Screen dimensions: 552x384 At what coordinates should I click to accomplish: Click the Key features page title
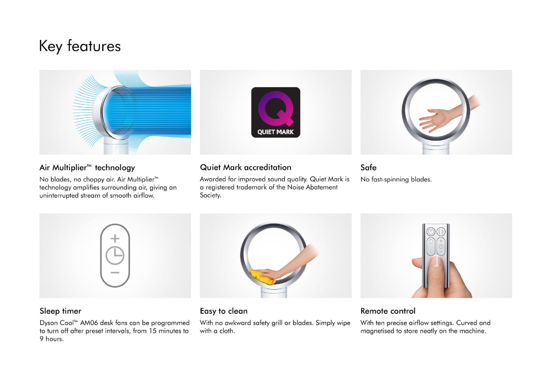pos(80,46)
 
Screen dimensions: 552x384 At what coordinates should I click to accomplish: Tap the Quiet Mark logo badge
pos(276,112)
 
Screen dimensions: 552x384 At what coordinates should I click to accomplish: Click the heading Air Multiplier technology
pos(87,168)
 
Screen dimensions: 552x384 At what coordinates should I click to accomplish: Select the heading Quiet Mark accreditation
pos(245,168)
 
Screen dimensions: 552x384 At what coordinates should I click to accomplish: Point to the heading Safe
pos(368,168)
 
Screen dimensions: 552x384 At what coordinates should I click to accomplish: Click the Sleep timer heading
pos(60,311)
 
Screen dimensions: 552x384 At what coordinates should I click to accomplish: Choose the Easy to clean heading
pos(224,311)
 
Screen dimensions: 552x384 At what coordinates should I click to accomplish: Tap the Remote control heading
pos(388,311)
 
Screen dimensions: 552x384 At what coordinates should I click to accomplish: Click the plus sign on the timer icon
pos(115,238)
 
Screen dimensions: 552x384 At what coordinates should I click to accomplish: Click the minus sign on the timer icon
pos(115,273)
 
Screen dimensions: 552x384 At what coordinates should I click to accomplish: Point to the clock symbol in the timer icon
pos(115,255)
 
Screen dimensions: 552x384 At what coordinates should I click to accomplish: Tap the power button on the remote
pos(431,232)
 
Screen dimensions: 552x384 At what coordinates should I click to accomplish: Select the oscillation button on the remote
pos(441,232)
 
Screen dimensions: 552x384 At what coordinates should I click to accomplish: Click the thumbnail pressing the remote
pos(436,261)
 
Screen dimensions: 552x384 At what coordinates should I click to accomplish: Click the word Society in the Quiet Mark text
pos(210,195)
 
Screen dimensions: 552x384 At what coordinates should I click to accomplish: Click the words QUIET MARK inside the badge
pos(276,132)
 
